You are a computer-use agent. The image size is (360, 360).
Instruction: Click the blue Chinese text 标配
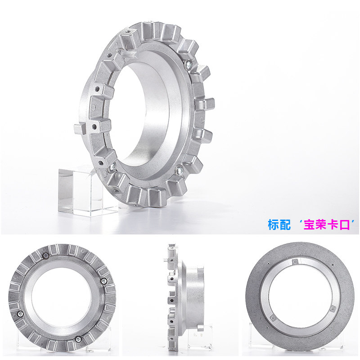279,225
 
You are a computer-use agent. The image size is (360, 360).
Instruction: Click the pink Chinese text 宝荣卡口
327,225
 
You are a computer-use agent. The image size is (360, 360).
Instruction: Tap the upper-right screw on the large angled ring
189,65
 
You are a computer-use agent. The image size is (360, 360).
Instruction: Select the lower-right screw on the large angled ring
179,170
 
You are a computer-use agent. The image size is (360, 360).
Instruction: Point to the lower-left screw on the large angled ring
112,166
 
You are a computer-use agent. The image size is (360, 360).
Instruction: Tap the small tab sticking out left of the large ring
79,129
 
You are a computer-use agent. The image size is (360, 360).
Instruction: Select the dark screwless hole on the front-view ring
46,255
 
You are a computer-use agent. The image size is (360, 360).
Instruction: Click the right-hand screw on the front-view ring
104,281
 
